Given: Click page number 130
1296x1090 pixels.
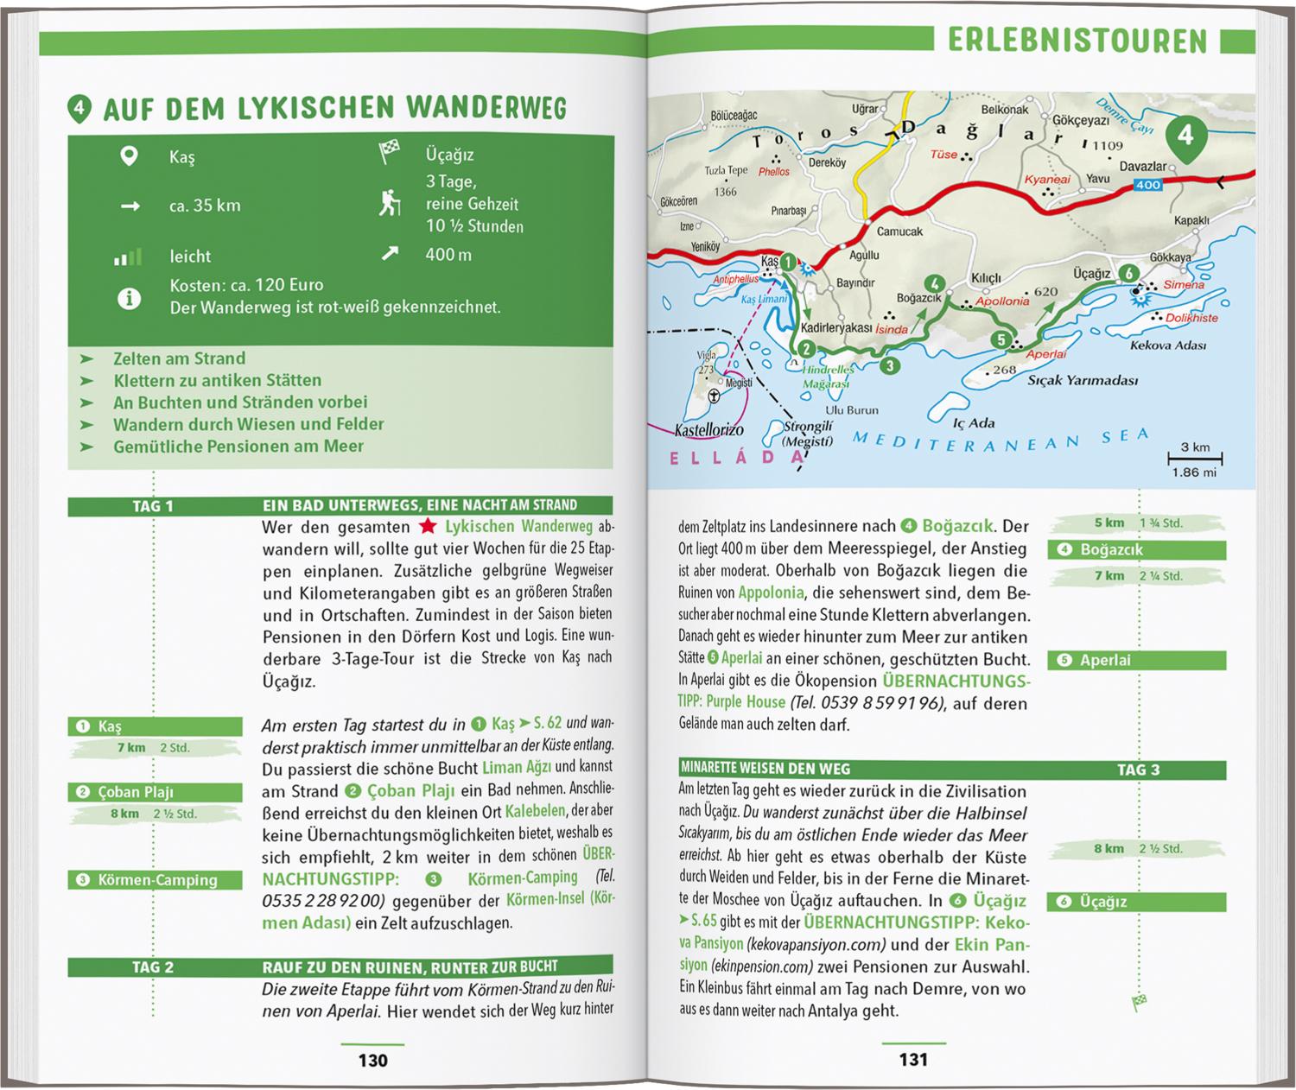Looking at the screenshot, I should tap(372, 1060).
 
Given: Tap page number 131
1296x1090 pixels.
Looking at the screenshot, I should tap(913, 1060).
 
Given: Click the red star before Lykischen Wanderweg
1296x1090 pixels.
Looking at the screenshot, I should tap(427, 526).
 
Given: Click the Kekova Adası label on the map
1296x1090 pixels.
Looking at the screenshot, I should tap(1168, 345).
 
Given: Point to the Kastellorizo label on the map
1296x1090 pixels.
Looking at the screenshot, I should tap(708, 429).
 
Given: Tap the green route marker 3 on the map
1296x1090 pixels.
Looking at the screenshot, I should tap(889, 366).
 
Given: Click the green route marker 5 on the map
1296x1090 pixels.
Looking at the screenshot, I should tap(1001, 339).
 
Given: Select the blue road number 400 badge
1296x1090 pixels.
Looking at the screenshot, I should tap(1148, 185).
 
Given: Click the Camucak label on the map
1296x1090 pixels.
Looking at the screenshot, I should tap(899, 231).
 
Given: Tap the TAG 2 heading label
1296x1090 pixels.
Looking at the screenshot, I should tap(153, 967).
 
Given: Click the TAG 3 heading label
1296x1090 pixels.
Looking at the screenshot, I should tap(1138, 770).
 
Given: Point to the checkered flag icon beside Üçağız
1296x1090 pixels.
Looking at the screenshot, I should tap(389, 153).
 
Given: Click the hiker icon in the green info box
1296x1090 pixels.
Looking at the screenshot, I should tap(390, 204).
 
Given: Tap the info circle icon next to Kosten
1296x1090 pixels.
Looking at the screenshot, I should tap(129, 299).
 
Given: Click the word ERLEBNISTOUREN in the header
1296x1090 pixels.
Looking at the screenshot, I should tap(1077, 41).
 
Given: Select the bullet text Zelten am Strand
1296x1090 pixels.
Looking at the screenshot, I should tap(179, 358).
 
